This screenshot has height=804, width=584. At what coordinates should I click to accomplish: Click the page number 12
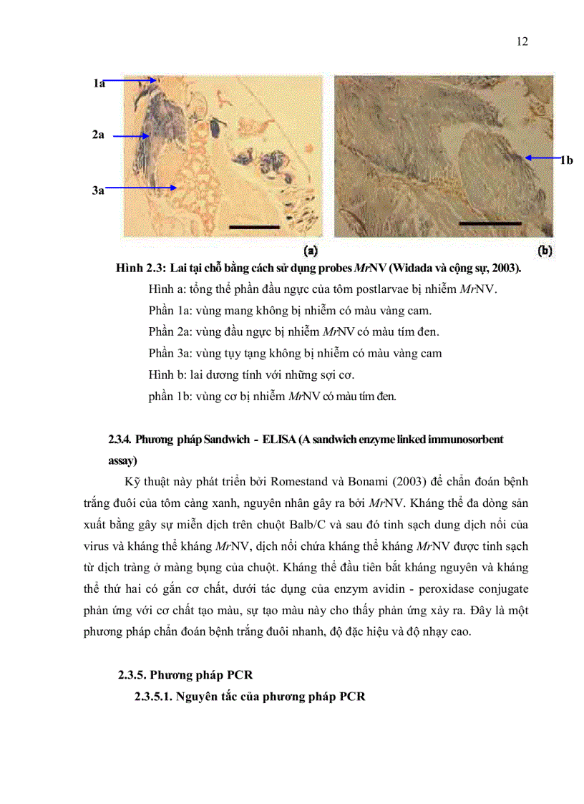[x=522, y=42]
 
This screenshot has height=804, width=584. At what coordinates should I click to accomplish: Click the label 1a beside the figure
[x=99, y=84]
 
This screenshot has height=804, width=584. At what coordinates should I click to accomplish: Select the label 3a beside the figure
[x=99, y=189]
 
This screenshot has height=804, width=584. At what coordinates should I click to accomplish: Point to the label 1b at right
[x=565, y=160]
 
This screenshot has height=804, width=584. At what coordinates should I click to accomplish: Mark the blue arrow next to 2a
[x=130, y=135]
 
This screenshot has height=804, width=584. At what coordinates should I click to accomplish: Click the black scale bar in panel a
[x=254, y=227]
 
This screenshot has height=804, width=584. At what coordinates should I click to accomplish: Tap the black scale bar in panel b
[x=490, y=223]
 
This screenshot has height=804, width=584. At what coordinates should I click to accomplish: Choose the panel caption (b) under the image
[x=545, y=251]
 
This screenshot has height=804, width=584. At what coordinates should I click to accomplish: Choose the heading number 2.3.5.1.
[x=154, y=697]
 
